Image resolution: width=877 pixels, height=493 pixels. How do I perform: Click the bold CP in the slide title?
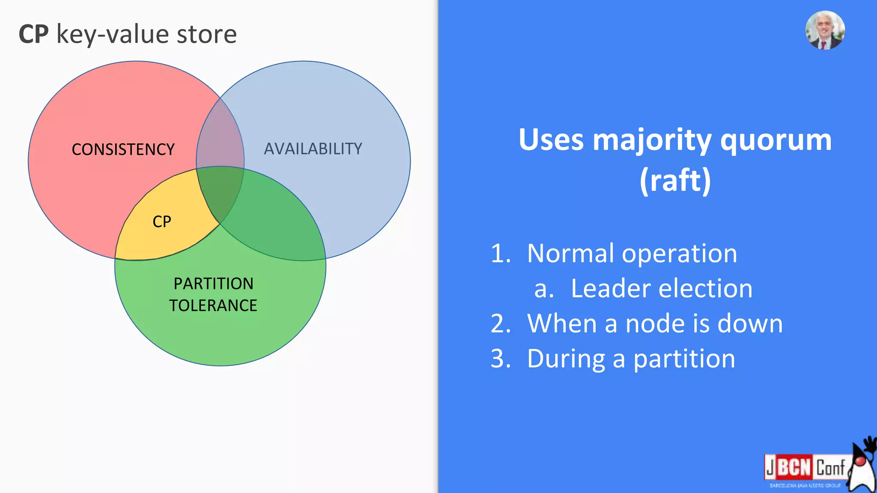coord(33,34)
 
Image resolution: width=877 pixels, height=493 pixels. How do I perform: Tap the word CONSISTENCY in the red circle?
coord(123,149)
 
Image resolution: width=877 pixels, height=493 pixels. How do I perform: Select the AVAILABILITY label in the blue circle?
coord(313,149)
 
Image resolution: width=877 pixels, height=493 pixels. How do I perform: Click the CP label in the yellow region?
coord(162,222)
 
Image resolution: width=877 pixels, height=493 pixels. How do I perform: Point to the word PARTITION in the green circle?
coord(213,284)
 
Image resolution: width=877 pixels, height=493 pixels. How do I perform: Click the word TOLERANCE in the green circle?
coord(213,306)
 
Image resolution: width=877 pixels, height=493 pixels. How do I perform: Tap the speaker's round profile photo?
coord(825,30)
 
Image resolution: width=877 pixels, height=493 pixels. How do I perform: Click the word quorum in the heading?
coord(776,140)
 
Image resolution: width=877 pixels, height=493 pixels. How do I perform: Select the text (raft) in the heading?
coord(675,181)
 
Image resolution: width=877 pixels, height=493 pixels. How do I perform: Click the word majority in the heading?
coord(652,140)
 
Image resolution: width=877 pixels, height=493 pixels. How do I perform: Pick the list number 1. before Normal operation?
coord(501,253)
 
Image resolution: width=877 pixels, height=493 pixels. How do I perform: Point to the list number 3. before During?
coord(501,359)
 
